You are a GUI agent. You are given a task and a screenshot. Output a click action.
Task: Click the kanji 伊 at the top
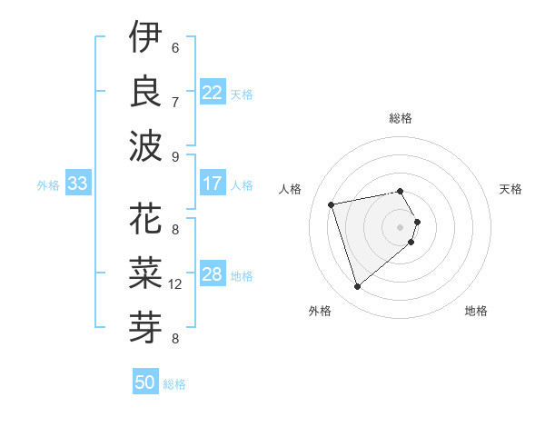pyautogui.click(x=145, y=38)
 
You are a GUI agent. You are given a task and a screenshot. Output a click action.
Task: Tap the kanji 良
pyautogui.click(x=145, y=91)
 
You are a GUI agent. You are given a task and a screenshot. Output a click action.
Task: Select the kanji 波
pyautogui.click(x=145, y=144)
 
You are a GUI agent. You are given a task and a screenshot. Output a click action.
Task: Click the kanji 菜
pyautogui.click(x=145, y=273)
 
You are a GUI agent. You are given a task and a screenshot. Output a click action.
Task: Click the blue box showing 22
pyautogui.click(x=213, y=93)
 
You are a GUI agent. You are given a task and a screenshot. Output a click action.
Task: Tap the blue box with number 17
pyautogui.click(x=213, y=184)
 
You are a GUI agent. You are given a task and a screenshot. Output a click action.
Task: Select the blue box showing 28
pyautogui.click(x=213, y=274)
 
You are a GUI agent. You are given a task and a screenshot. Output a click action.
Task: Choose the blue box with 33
pyautogui.click(x=77, y=184)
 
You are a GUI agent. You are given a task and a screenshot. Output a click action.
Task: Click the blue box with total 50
pyautogui.click(x=144, y=382)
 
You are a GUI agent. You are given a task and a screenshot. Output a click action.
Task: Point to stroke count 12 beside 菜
pyautogui.click(x=175, y=284)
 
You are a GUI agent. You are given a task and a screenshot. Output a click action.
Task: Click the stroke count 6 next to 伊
pyautogui.click(x=174, y=47)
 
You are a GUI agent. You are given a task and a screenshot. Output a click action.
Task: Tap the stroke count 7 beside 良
pyautogui.click(x=174, y=102)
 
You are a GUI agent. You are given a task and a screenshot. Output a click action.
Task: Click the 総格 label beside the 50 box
pyautogui.click(x=174, y=384)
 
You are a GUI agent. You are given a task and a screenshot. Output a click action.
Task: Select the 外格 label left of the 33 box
pyautogui.click(x=48, y=185)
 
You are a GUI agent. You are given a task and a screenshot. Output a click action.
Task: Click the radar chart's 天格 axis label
pyautogui.click(x=510, y=189)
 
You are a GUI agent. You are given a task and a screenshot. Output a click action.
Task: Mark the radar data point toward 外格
pyautogui.click(x=357, y=287)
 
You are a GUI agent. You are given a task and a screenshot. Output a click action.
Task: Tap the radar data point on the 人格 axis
pyautogui.click(x=332, y=204)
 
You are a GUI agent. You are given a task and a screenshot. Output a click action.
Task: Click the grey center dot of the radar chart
pyautogui.click(x=400, y=225)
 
